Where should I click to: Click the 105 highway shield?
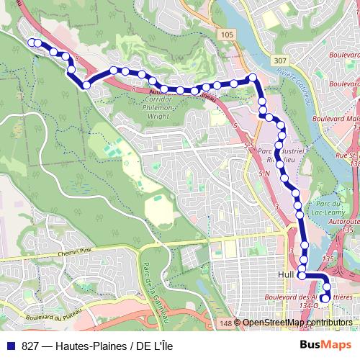click(x=228, y=35)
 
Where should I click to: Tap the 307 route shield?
click(x=280, y=61)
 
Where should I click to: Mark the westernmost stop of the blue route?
click(x=31, y=42)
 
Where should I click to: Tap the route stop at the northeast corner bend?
click(x=253, y=78)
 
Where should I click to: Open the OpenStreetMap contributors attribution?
click(x=297, y=323)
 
